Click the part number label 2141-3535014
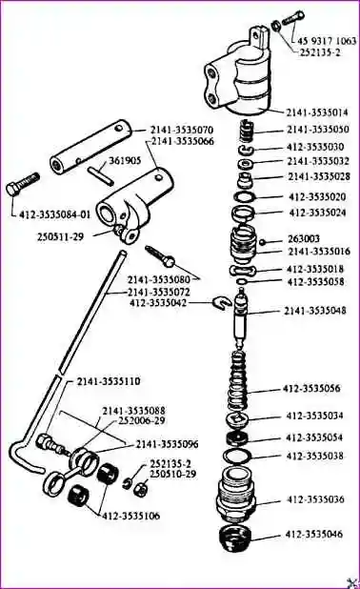[x=317, y=112]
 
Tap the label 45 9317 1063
[x=327, y=41]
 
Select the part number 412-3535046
[x=314, y=534]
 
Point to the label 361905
[x=125, y=161]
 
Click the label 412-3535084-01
[x=55, y=214]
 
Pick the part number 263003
[x=304, y=238]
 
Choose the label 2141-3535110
[x=109, y=381]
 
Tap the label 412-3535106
[x=131, y=516]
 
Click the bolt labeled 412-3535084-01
[x=23, y=183]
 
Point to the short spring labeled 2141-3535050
[x=247, y=132]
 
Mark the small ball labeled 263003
[x=264, y=241]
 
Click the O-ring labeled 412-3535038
[x=238, y=456]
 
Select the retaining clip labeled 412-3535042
[x=220, y=302]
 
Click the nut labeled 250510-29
[x=142, y=488]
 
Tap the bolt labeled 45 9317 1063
[x=293, y=17]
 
